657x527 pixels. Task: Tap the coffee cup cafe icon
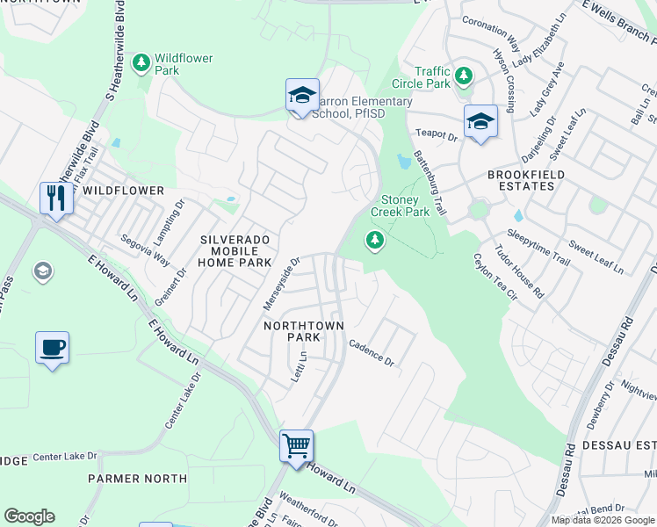point(52,347)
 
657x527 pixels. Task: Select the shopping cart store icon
point(296,445)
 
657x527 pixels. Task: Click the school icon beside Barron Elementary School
point(301,96)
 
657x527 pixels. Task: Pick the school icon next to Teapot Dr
point(480,121)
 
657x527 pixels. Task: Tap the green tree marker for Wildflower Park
point(141,63)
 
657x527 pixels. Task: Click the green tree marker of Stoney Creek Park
point(375,240)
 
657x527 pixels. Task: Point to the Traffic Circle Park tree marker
point(464,77)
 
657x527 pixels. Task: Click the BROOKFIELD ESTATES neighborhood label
point(524,175)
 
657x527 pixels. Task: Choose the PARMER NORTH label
point(137,479)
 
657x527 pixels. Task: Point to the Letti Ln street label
point(300,367)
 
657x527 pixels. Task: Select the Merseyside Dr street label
point(282,283)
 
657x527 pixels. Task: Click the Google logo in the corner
point(29,516)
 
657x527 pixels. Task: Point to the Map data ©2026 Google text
point(603,520)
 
